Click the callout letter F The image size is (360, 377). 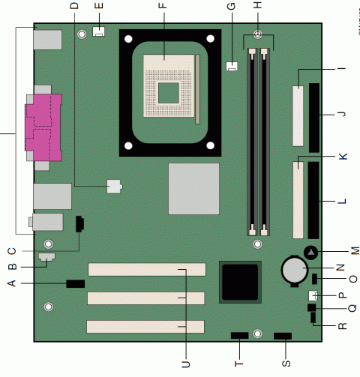pos(162,8)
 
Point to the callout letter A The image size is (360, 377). pos(11,283)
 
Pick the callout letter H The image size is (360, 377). pos(258,8)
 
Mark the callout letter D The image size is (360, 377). pos(73,8)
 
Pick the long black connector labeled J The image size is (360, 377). pos(310,115)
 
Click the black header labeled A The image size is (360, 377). pos(75,283)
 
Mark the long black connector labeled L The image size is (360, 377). pos(310,201)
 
